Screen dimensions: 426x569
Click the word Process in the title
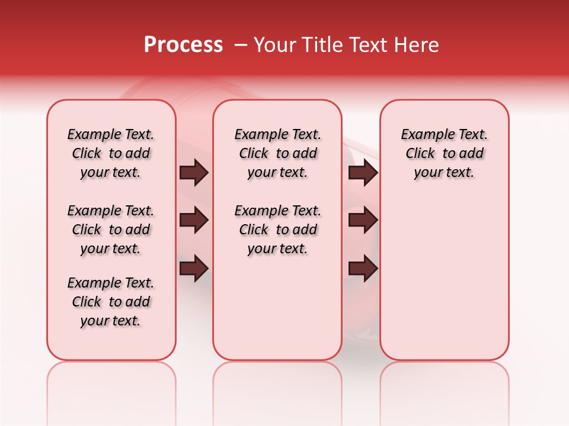(183, 45)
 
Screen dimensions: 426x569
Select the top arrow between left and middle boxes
(194, 172)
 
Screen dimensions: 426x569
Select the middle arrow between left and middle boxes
(194, 220)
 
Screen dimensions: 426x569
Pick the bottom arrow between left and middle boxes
(194, 268)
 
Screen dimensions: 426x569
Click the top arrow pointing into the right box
(363, 172)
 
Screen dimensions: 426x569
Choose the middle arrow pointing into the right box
(363, 220)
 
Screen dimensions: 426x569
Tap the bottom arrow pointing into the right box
(363, 268)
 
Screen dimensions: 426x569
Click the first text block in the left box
(111, 153)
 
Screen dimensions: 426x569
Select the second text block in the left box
(111, 230)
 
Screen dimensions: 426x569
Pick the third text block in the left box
(111, 302)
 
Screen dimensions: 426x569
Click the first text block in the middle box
(277, 153)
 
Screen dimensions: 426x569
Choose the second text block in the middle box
(277, 230)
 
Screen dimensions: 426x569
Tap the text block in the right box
(444, 153)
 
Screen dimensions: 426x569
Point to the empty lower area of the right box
(444, 278)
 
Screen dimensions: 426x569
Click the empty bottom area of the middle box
(277, 314)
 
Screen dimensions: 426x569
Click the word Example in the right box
(424, 135)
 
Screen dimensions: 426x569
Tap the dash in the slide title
(241, 45)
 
